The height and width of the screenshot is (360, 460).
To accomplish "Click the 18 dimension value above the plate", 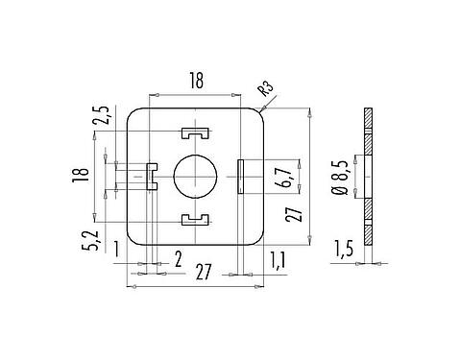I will [x=195, y=83].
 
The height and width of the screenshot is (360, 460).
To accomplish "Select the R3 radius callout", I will [x=265, y=91].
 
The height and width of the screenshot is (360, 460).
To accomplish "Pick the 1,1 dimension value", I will [x=278, y=258].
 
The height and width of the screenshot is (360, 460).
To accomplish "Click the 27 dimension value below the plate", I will [x=203, y=272].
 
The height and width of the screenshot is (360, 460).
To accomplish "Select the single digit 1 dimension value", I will [x=116, y=251].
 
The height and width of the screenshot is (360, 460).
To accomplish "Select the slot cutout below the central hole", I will [x=195, y=221].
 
